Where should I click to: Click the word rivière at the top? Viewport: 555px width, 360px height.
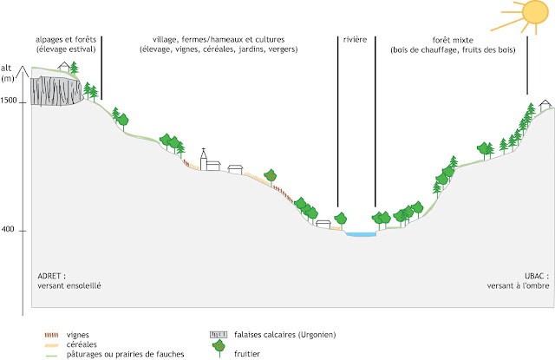355,40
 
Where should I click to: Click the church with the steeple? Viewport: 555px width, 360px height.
206,159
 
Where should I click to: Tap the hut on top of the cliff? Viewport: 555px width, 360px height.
64,67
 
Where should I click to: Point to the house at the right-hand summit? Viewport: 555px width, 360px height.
545,103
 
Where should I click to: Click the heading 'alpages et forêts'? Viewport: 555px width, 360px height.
66,40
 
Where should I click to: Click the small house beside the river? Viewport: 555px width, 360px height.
323,224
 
